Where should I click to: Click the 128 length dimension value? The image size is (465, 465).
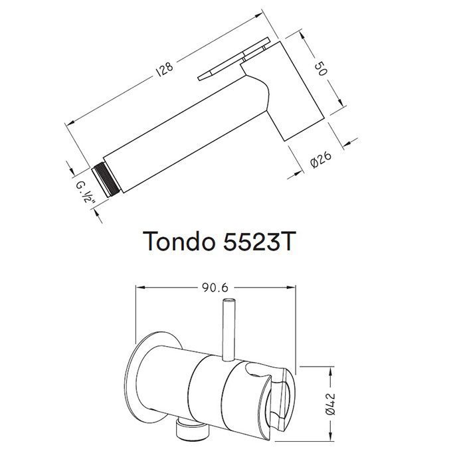click(165, 69)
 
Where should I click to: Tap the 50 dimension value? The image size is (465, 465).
click(321, 68)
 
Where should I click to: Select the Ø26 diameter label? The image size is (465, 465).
click(320, 159)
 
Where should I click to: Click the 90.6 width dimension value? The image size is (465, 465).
click(215, 288)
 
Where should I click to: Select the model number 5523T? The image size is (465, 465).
click(258, 240)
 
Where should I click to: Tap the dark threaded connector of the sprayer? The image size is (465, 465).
click(106, 180)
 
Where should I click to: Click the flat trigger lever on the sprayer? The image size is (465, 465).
click(234, 58)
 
